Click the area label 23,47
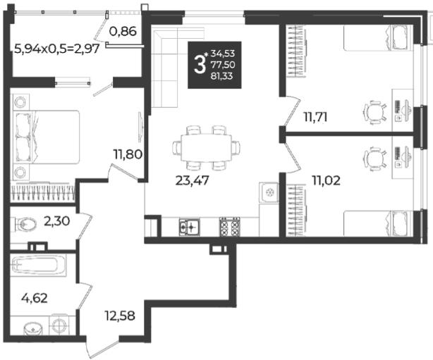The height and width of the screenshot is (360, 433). (x=193, y=180)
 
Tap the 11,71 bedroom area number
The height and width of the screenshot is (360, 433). (x=315, y=117)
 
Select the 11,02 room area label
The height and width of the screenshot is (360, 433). (x=326, y=180)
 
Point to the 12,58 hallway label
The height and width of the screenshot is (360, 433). (x=120, y=316)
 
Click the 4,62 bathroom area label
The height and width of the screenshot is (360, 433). (x=35, y=298)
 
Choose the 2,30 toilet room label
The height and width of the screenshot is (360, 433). (x=57, y=221)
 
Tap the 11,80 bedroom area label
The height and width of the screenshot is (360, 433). (x=128, y=154)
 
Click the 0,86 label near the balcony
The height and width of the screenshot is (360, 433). (x=123, y=32)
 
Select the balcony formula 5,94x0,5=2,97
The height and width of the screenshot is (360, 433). (x=56, y=49)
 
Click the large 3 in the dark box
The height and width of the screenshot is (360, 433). (x=200, y=65)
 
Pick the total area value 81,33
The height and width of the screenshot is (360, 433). (x=221, y=76)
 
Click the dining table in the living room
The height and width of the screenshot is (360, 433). (x=206, y=148)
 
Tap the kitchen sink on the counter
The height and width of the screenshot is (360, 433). (x=190, y=228)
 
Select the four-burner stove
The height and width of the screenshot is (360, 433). (x=230, y=227)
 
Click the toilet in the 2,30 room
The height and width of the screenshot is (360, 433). (x=24, y=224)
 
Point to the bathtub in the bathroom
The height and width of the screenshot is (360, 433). (x=38, y=265)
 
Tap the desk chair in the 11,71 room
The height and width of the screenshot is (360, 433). (x=375, y=112)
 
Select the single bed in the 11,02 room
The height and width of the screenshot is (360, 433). (x=378, y=223)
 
